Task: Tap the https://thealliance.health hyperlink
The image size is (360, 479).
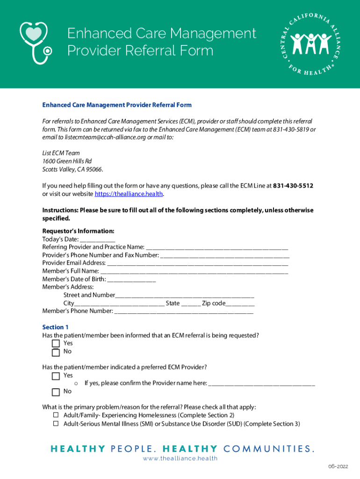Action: [129, 194]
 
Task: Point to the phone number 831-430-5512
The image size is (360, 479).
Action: [293, 186]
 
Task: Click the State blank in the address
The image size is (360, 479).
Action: [191, 304]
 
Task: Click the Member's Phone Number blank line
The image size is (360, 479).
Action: [184, 312]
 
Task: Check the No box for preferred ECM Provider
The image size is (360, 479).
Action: [56, 392]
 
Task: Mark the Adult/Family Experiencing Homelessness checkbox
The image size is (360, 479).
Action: [55, 415]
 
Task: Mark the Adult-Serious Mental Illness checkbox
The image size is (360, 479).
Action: [55, 423]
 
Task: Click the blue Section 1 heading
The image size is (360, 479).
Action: [55, 327]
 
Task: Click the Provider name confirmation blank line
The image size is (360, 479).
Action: [261, 384]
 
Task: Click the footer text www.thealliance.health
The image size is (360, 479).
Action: [180, 458]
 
